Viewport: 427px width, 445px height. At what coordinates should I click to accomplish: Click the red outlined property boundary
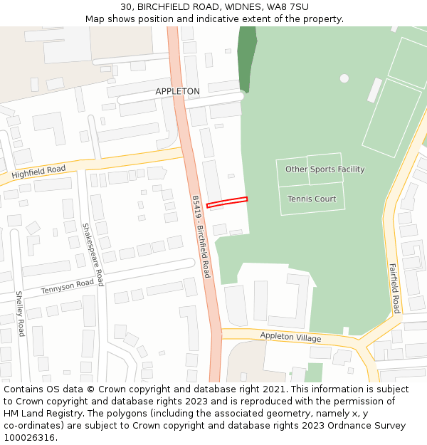tap(227, 202)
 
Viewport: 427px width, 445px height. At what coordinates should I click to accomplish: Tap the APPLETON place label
tap(177, 92)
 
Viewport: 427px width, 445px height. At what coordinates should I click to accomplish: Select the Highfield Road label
tap(38, 172)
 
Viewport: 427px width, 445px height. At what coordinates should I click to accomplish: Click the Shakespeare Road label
tap(93, 254)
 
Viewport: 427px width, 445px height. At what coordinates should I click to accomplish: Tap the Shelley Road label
tap(20, 313)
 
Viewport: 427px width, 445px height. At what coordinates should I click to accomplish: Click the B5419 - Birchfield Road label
tap(201, 236)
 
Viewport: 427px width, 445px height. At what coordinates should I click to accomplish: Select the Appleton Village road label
tap(290, 337)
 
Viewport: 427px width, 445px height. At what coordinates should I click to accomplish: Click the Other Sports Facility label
tap(325, 169)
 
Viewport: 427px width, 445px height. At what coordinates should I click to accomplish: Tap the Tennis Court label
tap(312, 199)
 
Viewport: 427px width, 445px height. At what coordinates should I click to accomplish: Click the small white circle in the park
tap(344, 78)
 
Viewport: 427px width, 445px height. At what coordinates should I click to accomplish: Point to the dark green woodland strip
tap(247, 57)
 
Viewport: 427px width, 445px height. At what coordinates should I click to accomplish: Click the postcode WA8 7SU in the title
tap(288, 6)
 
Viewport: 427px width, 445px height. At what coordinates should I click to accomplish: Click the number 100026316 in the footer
tap(29, 438)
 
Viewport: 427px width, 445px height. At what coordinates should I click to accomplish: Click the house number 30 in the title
tap(126, 6)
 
